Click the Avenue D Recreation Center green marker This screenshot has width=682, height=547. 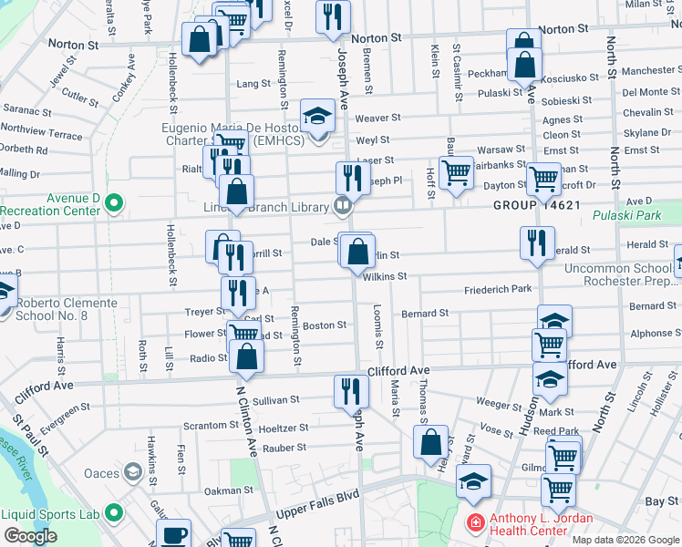pos(114,201)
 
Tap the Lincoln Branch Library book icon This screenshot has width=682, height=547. pos(342,206)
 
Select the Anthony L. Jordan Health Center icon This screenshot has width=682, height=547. pos(475,522)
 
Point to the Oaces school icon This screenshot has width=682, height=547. pos(134,472)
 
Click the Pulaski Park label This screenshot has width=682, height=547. pos(626,216)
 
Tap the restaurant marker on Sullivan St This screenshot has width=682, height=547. pos(351,390)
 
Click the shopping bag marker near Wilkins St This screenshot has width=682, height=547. pos(359,250)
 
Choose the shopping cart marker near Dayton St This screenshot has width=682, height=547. pos(544,178)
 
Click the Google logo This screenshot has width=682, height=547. pos(31,536)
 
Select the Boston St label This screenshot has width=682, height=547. pos(325,325)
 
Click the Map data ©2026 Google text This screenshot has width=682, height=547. pos(625,540)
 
